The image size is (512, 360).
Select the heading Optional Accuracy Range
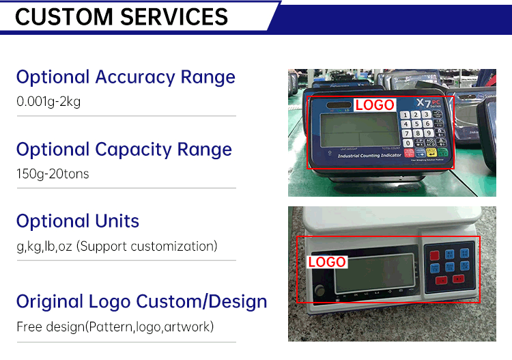tap(126, 77)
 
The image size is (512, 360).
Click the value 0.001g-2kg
tap(48, 102)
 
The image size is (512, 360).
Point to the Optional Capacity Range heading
tap(124, 149)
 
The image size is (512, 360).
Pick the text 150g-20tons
tap(53, 174)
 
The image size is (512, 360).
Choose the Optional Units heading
tap(78, 221)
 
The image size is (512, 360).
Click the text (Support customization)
tap(147, 246)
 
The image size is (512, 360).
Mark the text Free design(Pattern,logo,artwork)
tap(115, 327)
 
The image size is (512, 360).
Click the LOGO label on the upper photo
tap(375, 105)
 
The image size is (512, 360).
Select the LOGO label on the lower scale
tap(327, 262)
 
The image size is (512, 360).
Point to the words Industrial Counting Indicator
tap(369, 156)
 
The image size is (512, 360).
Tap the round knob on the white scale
tap(319, 292)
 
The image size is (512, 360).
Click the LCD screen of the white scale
tap(374, 273)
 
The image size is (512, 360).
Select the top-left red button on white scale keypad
tap(434, 254)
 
